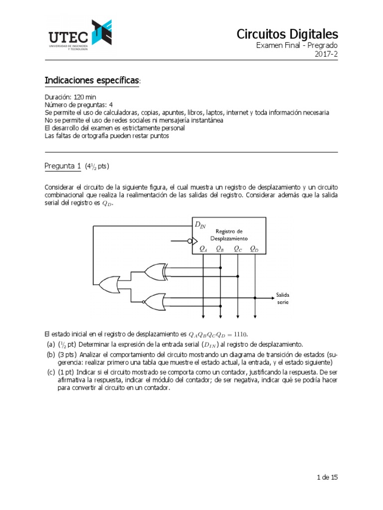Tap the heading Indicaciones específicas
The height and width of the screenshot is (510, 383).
click(x=93, y=81)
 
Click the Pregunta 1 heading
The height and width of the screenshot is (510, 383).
click(x=63, y=166)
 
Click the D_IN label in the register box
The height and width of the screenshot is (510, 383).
click(x=200, y=226)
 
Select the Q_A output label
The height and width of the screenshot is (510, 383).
click(x=203, y=249)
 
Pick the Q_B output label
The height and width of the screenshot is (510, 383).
click(x=220, y=249)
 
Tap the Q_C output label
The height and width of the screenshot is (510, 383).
click(x=237, y=249)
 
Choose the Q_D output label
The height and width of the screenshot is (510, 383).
click(x=254, y=249)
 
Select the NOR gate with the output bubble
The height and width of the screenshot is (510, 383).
click(x=152, y=301)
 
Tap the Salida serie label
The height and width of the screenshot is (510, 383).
click(x=283, y=298)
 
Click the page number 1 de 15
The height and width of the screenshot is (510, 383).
click(x=327, y=477)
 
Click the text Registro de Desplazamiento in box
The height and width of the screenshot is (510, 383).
click(x=229, y=235)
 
